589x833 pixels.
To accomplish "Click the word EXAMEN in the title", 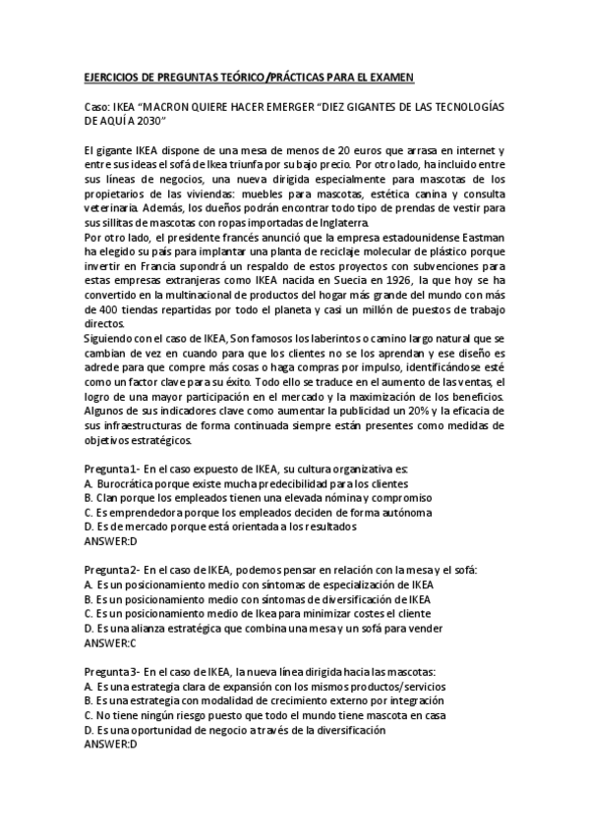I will click(389, 77).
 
